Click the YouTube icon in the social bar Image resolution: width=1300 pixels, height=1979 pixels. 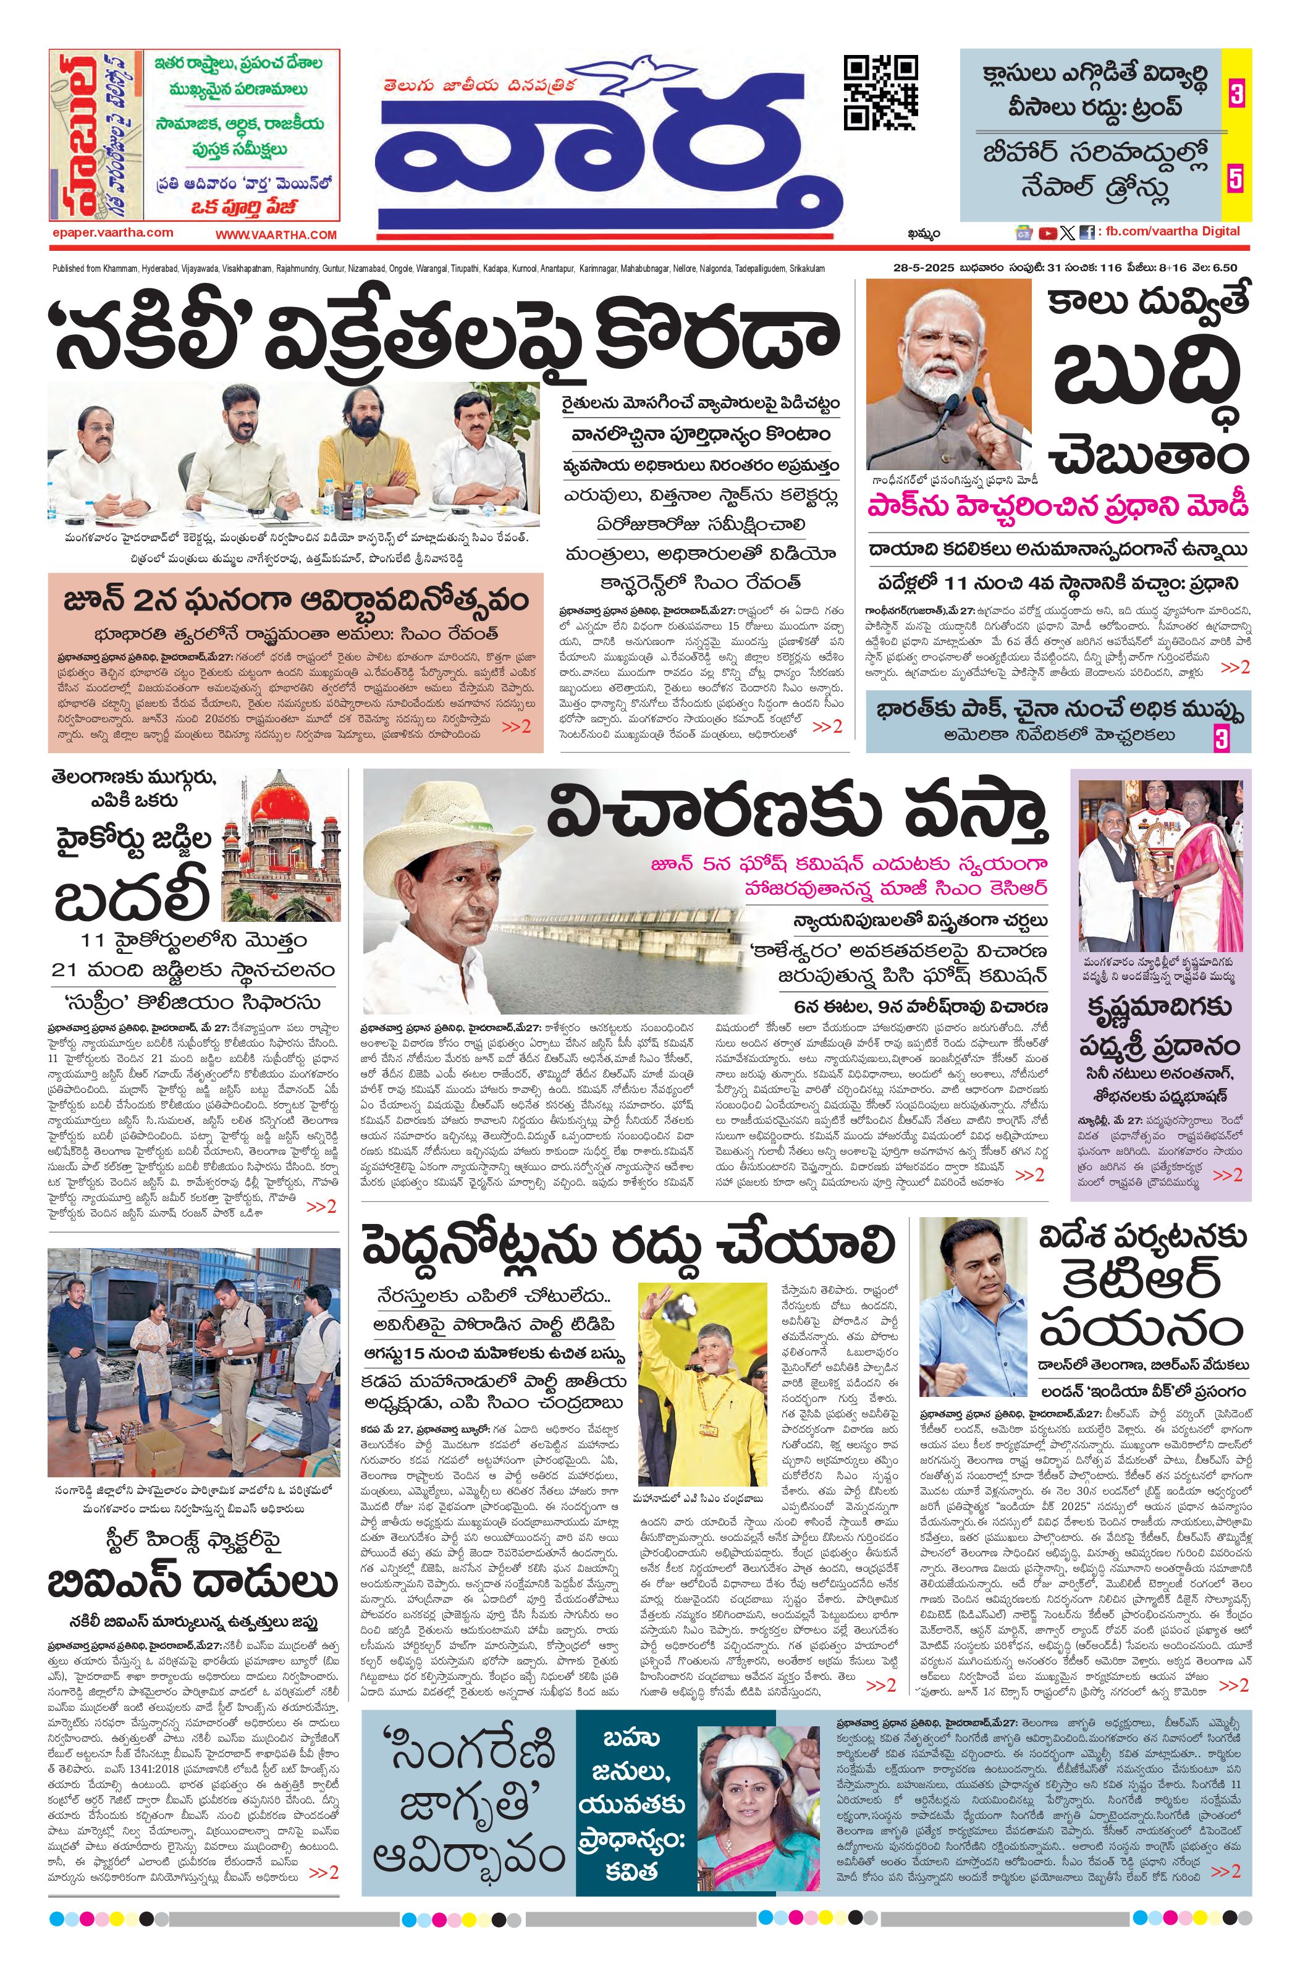[x=1047, y=234]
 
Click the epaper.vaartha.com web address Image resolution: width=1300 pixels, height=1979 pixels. [x=112, y=233]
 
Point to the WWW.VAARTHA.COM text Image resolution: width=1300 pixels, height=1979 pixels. [x=276, y=235]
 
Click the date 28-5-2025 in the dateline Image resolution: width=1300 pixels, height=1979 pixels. [x=918, y=268]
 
